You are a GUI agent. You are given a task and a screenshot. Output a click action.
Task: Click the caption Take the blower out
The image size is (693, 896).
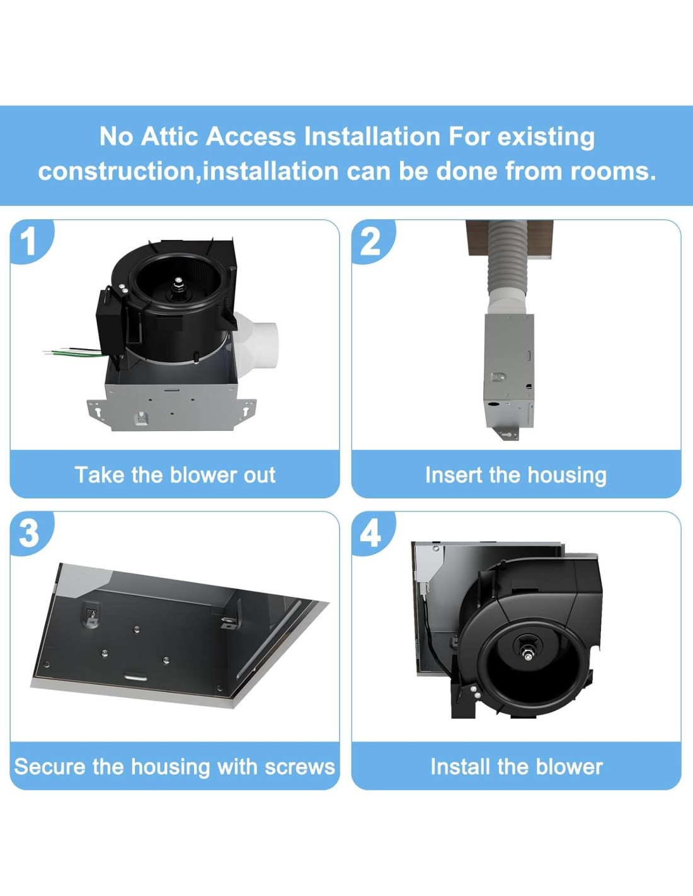pos(175,474)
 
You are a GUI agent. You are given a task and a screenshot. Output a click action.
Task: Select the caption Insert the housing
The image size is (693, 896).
pos(516,475)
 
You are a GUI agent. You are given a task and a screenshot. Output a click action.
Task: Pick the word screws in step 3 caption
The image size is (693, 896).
pos(300,767)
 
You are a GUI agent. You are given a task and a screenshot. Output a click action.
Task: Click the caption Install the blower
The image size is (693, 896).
pos(517,767)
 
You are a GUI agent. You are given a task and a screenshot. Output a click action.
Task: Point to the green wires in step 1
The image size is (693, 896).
pos(73,353)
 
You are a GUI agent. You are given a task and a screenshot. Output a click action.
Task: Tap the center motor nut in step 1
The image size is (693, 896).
pos(178,282)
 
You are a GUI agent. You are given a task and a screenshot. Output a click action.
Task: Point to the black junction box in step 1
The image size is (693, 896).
pos(110,320)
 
